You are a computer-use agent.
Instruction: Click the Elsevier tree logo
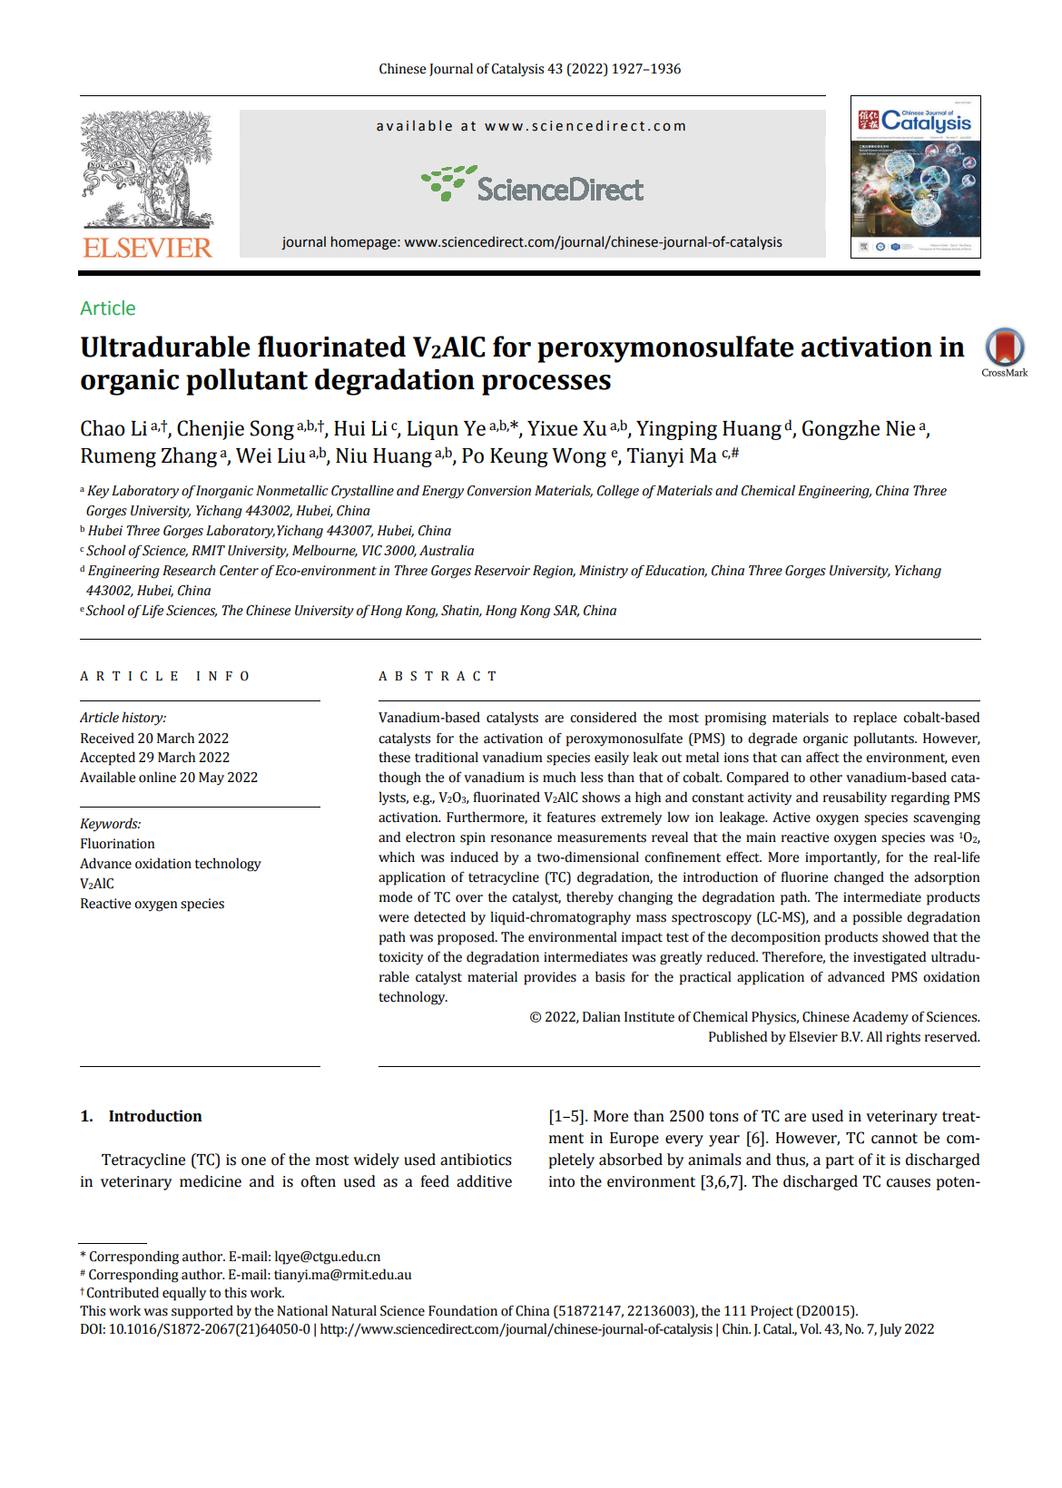(147, 169)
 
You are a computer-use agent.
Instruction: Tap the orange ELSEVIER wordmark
(147, 248)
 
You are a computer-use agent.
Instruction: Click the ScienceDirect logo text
(559, 190)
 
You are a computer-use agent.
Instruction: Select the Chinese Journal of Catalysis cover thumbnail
(915, 177)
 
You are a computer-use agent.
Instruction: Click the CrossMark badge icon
(1005, 348)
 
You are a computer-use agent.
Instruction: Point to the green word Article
(108, 308)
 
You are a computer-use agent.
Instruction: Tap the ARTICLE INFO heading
(164, 676)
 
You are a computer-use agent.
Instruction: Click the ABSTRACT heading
(438, 676)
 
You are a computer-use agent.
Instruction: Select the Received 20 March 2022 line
(154, 739)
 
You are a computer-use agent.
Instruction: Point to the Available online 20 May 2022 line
(169, 778)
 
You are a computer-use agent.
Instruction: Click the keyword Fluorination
(117, 844)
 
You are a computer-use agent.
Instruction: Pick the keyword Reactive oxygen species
(152, 904)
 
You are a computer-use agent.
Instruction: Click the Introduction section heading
(154, 1116)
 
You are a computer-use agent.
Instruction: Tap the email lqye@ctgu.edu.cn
(327, 1257)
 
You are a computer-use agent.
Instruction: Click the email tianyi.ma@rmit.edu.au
(342, 1275)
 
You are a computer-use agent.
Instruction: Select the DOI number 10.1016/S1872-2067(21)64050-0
(209, 1329)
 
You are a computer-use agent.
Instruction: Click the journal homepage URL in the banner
(593, 242)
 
